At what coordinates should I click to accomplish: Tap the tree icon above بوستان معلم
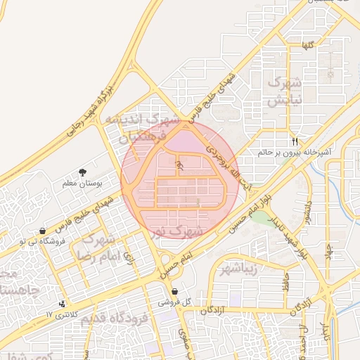click(x=83, y=172)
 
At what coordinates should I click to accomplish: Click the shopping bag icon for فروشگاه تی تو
click(x=44, y=231)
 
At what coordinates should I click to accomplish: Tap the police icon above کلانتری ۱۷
click(x=63, y=304)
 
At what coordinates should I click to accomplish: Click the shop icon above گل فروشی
click(x=174, y=292)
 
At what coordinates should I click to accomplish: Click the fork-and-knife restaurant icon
click(x=295, y=140)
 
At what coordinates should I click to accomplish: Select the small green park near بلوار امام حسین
click(x=261, y=217)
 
